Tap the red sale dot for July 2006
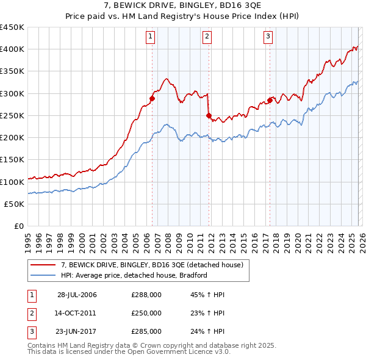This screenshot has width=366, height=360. [x=152, y=98]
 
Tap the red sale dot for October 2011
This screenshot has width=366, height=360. [x=209, y=115]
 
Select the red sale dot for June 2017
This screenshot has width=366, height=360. [x=270, y=100]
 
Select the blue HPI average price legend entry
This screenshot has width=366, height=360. [x=134, y=275]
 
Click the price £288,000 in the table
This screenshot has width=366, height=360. [x=146, y=295]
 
